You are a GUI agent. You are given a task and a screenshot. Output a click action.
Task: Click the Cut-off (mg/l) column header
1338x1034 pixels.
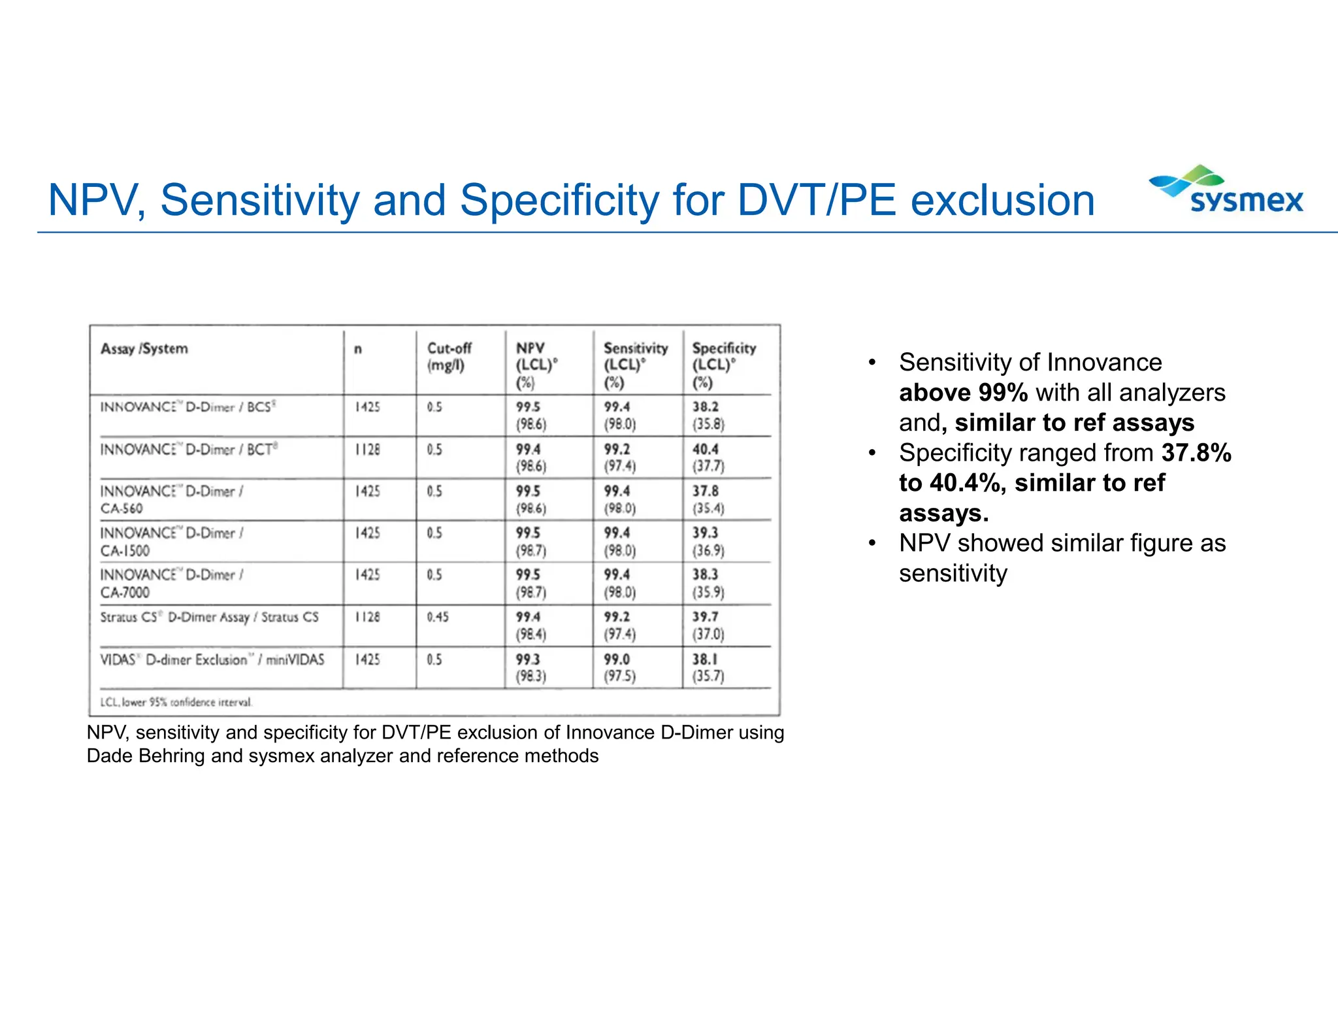coord(449,357)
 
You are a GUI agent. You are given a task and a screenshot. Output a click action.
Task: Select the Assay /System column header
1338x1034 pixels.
coord(144,349)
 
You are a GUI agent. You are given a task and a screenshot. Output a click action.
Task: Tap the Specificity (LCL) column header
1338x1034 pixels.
coord(723,365)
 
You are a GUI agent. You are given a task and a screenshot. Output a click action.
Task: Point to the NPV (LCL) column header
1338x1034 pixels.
coord(536,365)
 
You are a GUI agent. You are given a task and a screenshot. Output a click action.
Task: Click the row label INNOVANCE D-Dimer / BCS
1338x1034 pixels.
coord(188,407)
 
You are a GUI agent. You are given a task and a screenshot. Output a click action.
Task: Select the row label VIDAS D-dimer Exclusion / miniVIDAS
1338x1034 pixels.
coord(212,659)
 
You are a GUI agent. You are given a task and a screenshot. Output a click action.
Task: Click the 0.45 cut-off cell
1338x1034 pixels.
coord(438,617)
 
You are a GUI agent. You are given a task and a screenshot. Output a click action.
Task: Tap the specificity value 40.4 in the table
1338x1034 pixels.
coord(706,450)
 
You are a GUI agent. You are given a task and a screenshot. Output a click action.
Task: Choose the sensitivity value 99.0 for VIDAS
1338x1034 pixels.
coord(617,659)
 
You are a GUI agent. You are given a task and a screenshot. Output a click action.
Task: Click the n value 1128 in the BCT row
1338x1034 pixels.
coord(368,450)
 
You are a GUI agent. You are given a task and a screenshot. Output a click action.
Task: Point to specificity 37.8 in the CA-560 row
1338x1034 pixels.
coord(706,492)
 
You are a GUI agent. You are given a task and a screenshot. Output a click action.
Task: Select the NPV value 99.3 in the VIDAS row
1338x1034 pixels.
coord(528,659)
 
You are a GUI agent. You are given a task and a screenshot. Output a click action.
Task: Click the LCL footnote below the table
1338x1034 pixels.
coord(176,703)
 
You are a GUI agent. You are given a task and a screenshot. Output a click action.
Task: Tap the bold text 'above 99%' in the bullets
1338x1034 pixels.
coord(963,393)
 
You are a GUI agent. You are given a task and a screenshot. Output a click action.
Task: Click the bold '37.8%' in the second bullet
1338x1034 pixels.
coord(1196,453)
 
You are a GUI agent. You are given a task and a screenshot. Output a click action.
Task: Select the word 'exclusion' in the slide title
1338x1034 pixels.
coord(1002,200)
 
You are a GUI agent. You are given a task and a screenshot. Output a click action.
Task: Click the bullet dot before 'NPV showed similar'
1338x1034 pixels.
coord(872,544)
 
